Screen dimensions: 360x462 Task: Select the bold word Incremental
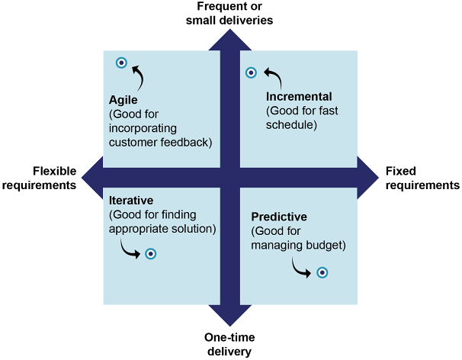(299, 97)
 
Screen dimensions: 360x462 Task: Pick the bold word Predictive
(281, 218)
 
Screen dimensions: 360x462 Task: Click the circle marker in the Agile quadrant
(121, 63)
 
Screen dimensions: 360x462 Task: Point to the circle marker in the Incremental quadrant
(251, 72)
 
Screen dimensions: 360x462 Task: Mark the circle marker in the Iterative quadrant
(151, 254)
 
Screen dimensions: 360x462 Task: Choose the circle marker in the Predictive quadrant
(322, 272)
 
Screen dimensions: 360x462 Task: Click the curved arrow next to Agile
(138, 76)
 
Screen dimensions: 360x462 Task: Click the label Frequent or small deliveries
(229, 13)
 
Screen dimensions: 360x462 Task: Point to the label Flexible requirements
(54, 178)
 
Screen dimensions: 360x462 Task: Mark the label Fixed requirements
(422, 178)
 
